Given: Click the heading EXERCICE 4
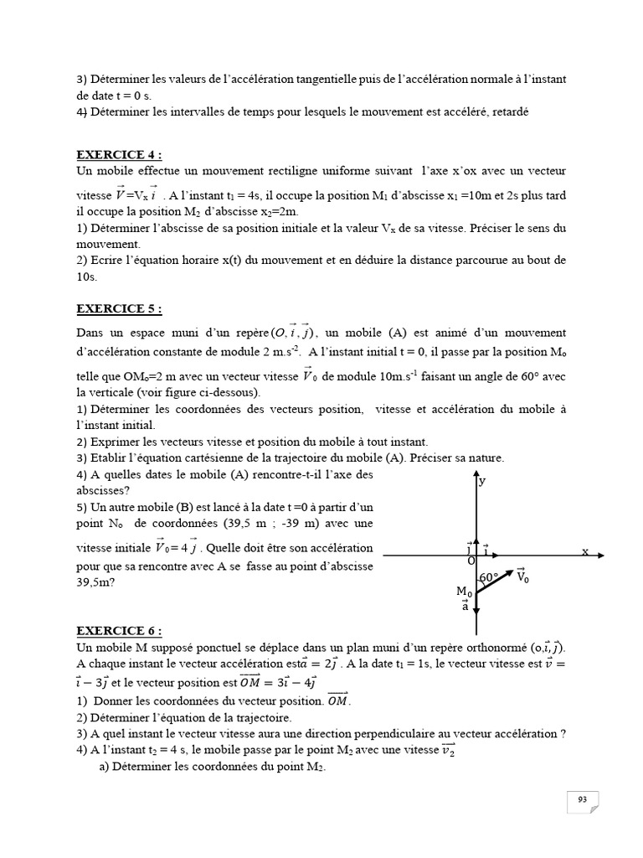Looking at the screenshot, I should [x=118, y=154].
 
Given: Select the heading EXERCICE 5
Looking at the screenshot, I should [x=118, y=308].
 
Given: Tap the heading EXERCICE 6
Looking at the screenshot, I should [x=118, y=631].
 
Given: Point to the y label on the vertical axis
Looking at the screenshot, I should [x=482, y=481].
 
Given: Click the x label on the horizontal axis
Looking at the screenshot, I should [x=585, y=550].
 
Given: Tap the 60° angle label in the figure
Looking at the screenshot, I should [x=489, y=578].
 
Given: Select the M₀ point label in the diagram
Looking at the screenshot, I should [x=464, y=592].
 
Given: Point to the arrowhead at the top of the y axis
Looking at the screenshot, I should [x=476, y=473].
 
